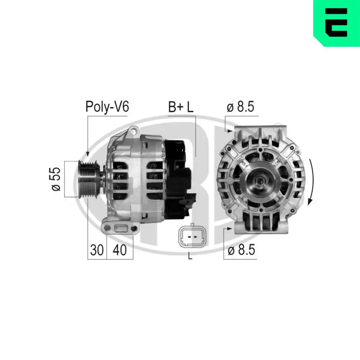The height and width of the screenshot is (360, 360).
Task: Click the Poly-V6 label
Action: coord(107,107)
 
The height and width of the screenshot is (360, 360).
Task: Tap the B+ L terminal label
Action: coord(181,107)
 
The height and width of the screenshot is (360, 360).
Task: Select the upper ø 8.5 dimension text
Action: coord(241,107)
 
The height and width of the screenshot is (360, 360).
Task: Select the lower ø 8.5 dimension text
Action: coord(241,250)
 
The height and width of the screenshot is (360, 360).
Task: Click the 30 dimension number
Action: coord(96,250)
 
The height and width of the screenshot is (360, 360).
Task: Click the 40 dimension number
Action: coord(120,250)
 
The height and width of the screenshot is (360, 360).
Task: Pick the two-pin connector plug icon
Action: coord(190,237)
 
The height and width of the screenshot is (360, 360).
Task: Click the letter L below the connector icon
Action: coord(190,257)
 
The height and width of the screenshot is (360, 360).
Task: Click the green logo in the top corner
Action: coord(337,23)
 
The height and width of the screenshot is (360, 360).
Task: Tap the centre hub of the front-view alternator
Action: coord(258,179)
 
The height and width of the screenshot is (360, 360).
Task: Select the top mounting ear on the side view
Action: coord(134,130)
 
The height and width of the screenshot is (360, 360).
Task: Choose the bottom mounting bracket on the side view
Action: coord(120,228)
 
